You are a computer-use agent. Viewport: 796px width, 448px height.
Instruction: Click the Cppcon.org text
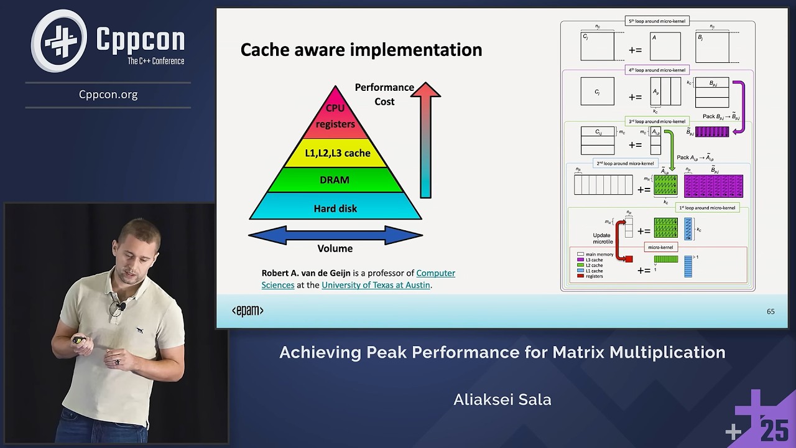point(108,95)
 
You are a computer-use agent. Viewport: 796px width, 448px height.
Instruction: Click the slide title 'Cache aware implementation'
point(361,50)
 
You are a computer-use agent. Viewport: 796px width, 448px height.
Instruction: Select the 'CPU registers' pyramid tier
point(335,116)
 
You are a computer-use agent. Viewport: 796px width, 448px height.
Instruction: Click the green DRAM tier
point(335,180)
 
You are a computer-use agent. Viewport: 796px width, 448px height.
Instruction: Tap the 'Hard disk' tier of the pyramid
point(335,208)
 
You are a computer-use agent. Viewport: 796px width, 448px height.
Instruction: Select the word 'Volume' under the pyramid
point(335,249)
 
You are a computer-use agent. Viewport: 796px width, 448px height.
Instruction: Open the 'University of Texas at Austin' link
point(376,285)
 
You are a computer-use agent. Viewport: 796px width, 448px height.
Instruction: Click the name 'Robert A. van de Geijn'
point(306,273)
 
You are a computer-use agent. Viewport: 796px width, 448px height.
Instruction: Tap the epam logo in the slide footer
point(248,310)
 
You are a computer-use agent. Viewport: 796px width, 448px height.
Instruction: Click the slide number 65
point(771,311)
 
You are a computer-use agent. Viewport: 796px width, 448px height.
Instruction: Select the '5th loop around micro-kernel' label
point(657,21)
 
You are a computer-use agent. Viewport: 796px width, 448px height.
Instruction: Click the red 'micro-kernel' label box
point(660,247)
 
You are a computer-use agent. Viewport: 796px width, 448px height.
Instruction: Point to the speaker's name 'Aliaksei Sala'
point(502,399)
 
